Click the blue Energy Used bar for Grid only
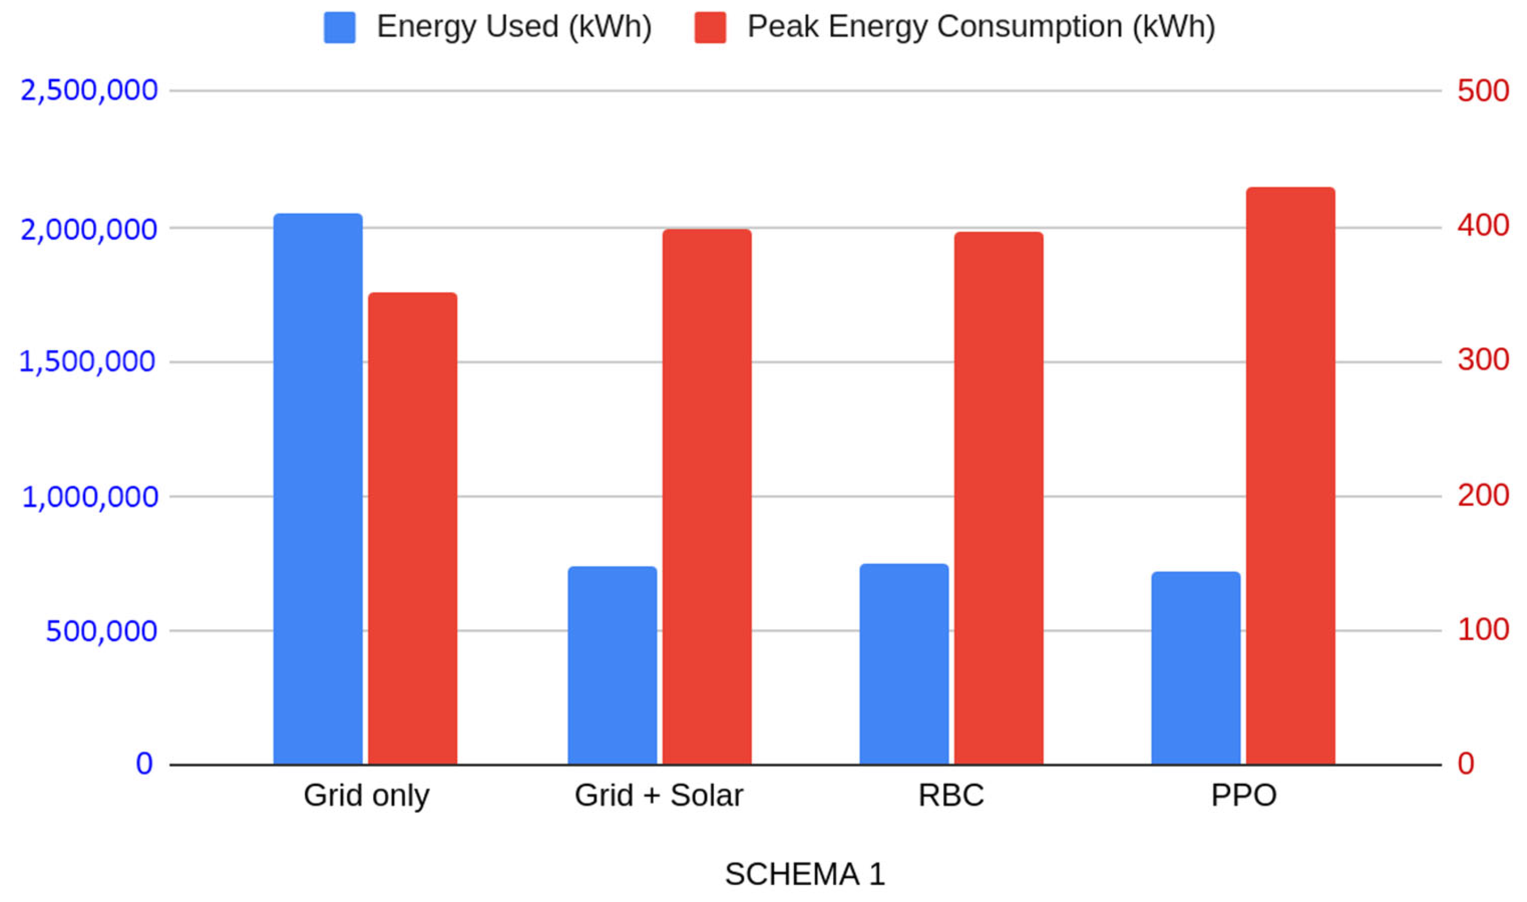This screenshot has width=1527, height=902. coord(318,489)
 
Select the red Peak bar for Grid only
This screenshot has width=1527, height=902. coord(412,529)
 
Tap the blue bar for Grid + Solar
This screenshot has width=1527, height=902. coord(612,665)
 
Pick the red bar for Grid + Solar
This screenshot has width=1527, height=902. coord(707,497)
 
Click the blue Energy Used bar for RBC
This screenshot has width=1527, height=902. coord(904,664)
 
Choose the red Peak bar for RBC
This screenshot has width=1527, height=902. coord(998,498)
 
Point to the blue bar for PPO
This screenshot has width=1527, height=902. coord(1196,668)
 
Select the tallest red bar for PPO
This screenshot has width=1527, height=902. coord(1291,476)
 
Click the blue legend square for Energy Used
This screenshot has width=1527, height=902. coord(339,27)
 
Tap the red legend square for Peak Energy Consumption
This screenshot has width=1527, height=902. coord(710,27)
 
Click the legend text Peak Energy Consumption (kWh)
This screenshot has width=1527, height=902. coord(981,27)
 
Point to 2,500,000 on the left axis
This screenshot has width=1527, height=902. coord(90,91)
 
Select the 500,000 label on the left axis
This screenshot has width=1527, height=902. coord(101,631)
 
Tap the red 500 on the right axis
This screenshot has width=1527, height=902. coord(1483,91)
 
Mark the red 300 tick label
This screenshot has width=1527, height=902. coord(1483,360)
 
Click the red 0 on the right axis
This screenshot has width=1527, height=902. coord(1466,763)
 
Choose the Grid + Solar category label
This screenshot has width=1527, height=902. coord(659,795)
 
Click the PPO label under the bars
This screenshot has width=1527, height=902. coord(1244,795)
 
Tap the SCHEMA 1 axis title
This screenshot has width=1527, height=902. coord(805,874)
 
